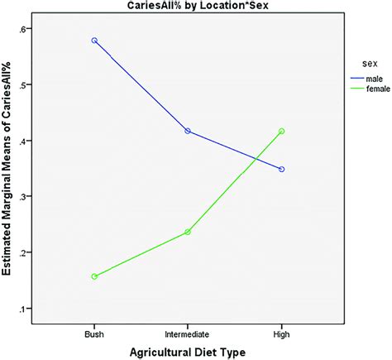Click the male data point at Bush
point(94,41)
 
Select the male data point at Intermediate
point(188,131)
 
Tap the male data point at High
point(282,169)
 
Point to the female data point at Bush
point(94,276)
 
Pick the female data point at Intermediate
point(188,232)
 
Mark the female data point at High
point(282,131)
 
